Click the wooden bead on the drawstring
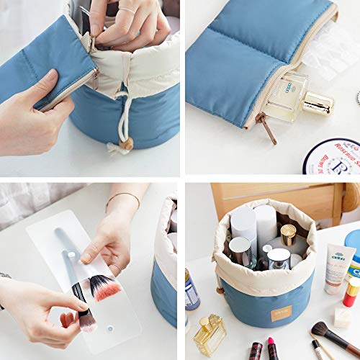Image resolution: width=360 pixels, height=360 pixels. tap(128, 144)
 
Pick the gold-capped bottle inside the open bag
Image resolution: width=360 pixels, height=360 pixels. tap(288, 235)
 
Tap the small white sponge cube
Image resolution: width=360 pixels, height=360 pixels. tap(342, 318)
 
